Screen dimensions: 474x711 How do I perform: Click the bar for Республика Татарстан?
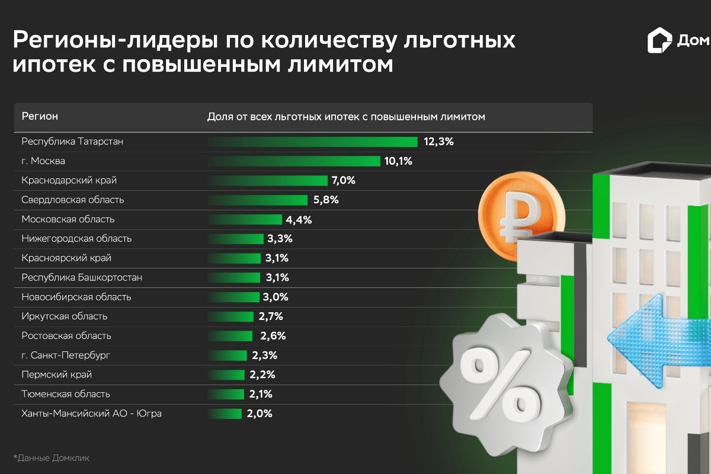pyautogui.click(x=312, y=142)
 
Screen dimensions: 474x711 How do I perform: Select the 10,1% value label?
pyautogui.click(x=398, y=161)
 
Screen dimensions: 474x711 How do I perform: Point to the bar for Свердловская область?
pyautogui.click(x=257, y=200)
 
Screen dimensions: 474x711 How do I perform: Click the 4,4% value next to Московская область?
pyautogui.click(x=299, y=220)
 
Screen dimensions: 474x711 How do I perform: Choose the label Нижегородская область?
pyautogui.click(x=76, y=239)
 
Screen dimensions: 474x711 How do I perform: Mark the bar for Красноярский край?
pyautogui.click(x=234, y=258)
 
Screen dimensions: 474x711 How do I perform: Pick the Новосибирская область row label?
pyautogui.click(x=76, y=297)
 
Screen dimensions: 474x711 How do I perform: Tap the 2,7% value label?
pyautogui.click(x=270, y=316)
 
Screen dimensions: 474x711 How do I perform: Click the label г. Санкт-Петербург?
pyautogui.click(x=66, y=355)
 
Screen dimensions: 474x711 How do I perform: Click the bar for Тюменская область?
pyautogui.click(x=226, y=394)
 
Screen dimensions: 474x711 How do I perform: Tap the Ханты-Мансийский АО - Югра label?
pyautogui.click(x=91, y=414)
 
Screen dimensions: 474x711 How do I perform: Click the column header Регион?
pyautogui.click(x=40, y=116)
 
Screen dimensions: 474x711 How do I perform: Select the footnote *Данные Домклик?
pyautogui.click(x=51, y=458)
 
